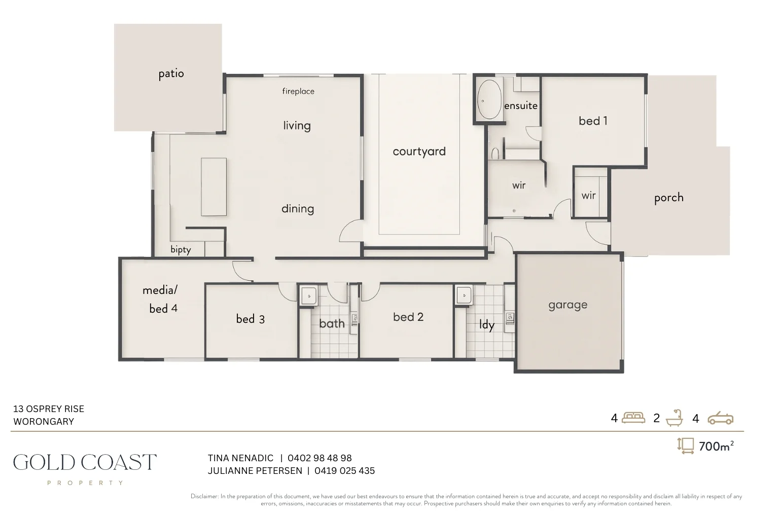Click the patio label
pos(171,74)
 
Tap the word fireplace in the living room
pos(298,91)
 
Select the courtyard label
pos(419,152)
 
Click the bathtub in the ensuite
pos(489,99)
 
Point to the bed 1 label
pos(593,121)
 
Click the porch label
pos(668,198)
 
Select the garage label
pos(568,305)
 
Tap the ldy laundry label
pos(486,324)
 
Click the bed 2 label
pos(408,317)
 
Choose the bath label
pos(332,323)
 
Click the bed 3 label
pos(250,319)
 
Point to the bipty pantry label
pos(181,250)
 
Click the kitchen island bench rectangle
pos(214,187)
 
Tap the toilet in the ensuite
pos(495,153)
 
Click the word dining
pos(298,209)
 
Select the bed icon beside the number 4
pos(633,418)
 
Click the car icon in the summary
pos(720,418)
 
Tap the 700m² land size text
pos(716,446)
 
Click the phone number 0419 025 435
pos(344,471)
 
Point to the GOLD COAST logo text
pos(85,462)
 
